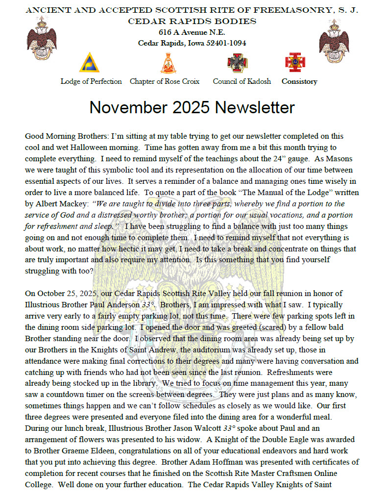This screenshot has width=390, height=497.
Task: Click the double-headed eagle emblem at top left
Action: point(42,39)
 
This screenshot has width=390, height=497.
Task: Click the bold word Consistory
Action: point(299,81)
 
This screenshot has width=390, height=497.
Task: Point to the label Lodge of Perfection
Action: point(91,81)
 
